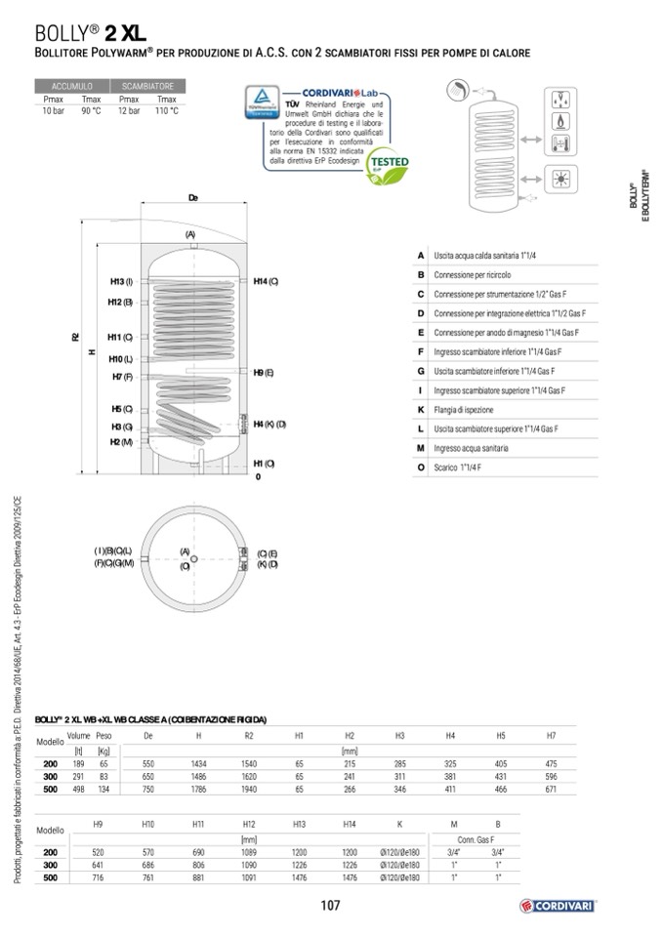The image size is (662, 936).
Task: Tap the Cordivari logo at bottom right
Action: point(558,905)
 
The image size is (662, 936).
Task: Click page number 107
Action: point(330,906)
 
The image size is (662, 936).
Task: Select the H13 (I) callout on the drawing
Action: point(121,282)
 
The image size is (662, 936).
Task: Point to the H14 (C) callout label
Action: point(266,282)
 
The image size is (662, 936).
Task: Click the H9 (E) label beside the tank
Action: point(263,373)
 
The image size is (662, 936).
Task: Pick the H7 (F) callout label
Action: point(122,377)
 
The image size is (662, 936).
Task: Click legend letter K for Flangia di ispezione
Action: point(420,410)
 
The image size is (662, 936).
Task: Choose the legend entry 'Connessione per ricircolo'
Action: point(473,274)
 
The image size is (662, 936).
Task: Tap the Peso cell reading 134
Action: point(103,789)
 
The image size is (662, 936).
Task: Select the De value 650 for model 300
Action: point(148,776)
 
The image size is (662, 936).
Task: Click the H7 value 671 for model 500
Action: point(551,789)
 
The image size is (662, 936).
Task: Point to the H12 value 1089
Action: point(248,852)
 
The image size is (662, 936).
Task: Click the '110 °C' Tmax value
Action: point(167,111)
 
